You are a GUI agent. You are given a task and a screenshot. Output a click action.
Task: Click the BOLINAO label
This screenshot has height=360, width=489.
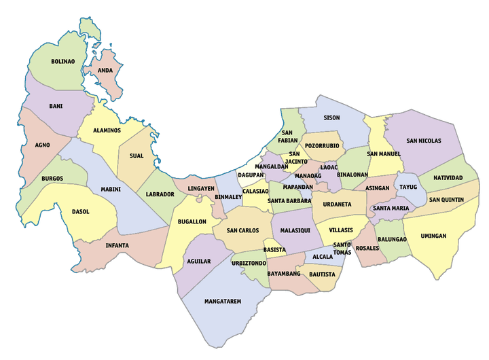[62, 61]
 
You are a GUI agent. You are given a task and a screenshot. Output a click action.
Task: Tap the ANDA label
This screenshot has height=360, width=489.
[105, 70]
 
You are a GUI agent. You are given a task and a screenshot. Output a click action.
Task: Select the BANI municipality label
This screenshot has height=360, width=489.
[56, 106]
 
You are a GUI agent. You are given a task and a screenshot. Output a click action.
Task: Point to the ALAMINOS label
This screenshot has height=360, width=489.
[107, 130]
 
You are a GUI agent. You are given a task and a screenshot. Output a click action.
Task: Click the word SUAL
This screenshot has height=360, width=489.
[136, 156]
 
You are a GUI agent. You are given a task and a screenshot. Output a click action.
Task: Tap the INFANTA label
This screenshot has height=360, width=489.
[117, 245]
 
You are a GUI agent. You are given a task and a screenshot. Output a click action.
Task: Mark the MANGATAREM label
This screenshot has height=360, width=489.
[223, 301]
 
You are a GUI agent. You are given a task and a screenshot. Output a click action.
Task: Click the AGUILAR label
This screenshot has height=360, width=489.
[198, 261]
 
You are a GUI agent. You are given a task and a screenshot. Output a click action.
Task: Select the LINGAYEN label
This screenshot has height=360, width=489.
[201, 188]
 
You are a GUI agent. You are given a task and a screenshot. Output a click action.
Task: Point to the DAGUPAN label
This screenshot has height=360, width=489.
[251, 175]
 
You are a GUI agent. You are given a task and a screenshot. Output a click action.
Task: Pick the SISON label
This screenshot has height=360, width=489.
[331, 118]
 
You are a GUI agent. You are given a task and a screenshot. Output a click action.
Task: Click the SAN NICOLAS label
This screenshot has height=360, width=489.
[424, 141]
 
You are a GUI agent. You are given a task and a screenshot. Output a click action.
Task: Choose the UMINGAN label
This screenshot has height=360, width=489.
[433, 236]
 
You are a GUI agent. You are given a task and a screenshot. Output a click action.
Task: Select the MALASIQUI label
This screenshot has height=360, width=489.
[295, 231]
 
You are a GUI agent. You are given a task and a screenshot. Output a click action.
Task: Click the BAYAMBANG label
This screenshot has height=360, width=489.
[284, 274]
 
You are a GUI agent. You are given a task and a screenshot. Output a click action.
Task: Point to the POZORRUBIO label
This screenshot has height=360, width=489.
[322, 145]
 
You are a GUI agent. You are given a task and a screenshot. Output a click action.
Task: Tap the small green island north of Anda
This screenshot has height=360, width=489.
[89, 28]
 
